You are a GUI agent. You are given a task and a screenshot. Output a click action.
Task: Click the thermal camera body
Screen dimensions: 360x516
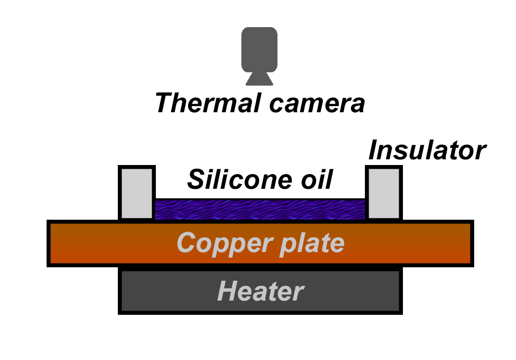(259, 49)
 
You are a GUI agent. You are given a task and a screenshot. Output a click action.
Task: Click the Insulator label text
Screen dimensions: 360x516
(427, 151)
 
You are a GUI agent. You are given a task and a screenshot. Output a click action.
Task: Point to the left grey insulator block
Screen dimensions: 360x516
(137, 193)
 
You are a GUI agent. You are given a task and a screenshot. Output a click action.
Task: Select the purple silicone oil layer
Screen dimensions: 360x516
(260, 210)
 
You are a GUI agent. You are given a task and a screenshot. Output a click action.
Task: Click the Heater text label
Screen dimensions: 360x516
(260, 291)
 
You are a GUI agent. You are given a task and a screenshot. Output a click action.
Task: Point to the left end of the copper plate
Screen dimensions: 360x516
(59, 243)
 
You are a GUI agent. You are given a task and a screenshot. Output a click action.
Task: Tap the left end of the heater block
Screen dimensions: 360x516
(131, 292)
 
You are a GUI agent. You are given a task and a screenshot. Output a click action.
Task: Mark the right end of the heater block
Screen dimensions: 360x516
(390, 292)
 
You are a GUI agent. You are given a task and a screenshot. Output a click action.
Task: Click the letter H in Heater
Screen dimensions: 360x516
(228, 291)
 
